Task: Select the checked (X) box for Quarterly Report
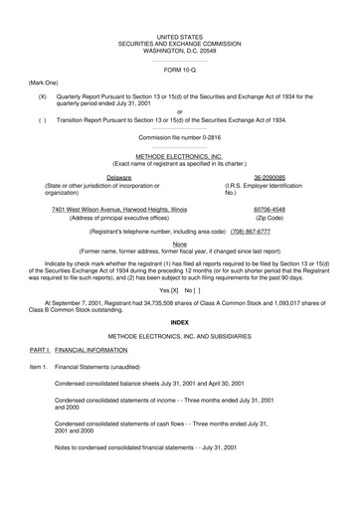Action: coord(43,96)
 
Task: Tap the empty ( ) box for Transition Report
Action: coord(43,118)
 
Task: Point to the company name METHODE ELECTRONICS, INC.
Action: coord(179,156)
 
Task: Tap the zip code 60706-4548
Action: coord(270,210)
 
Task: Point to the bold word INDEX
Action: coord(179,323)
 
